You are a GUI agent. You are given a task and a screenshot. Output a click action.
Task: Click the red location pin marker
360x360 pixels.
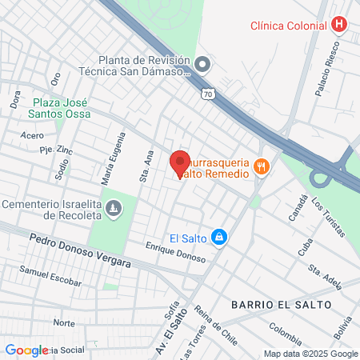pyautogui.click(x=179, y=164)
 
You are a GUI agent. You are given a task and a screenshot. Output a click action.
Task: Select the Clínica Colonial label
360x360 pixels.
pyautogui.click(x=288, y=25)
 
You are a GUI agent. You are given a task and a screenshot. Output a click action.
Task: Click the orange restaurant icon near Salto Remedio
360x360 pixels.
pyautogui.click(x=261, y=166)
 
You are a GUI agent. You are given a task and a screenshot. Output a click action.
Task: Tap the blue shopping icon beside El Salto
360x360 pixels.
pyautogui.click(x=220, y=238)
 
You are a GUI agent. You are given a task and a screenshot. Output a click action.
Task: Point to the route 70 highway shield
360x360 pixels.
pyautogui.click(x=208, y=93)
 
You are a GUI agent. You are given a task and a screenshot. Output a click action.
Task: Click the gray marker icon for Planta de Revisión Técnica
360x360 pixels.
pyautogui.click(x=202, y=63)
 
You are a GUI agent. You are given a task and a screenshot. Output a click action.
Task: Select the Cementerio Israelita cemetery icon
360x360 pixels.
pyautogui.click(x=114, y=209)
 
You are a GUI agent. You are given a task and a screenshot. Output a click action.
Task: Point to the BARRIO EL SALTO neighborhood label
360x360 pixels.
pyautogui.click(x=269, y=305)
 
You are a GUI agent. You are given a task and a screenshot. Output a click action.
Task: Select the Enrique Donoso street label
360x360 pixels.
pyautogui.click(x=175, y=253)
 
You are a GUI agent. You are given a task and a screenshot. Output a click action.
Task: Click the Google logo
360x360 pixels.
pyautogui.click(x=26, y=350)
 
